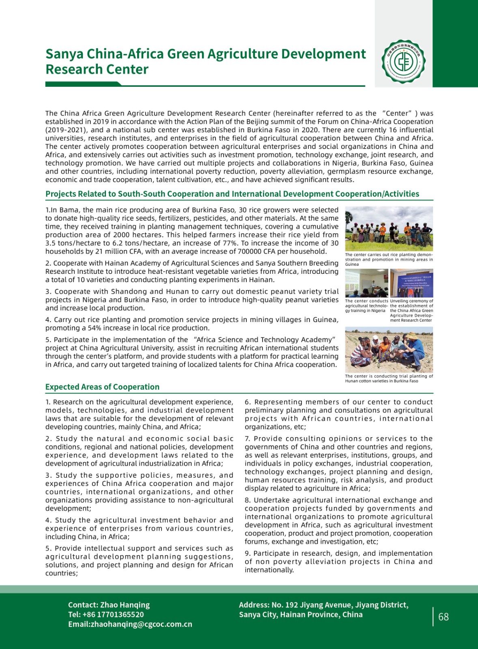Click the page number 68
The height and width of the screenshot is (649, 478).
[444, 617]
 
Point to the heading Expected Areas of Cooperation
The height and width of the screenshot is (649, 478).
[102, 387]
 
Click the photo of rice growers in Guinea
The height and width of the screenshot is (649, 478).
[389, 229]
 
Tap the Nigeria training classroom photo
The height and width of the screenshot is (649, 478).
[366, 283]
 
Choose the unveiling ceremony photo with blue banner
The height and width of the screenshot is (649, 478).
[411, 283]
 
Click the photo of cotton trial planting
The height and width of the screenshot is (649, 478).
[389, 350]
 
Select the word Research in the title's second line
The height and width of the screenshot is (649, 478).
[69, 69]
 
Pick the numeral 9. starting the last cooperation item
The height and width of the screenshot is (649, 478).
[248, 553]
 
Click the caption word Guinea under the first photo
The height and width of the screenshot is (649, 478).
[352, 264]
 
